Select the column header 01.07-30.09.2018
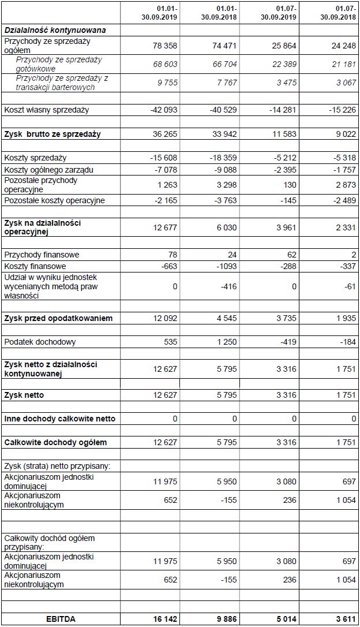click(337, 13)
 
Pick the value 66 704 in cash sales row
click(224, 64)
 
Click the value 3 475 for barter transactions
click(286, 83)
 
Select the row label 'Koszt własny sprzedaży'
click(47, 110)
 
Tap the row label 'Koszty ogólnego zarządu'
click(48, 170)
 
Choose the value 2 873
click(345, 185)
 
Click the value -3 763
click(224, 200)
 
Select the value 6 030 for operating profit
click(227, 227)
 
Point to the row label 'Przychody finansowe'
click(42, 255)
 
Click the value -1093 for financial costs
click(226, 266)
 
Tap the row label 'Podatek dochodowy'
click(40, 342)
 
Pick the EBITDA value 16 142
click(165, 618)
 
